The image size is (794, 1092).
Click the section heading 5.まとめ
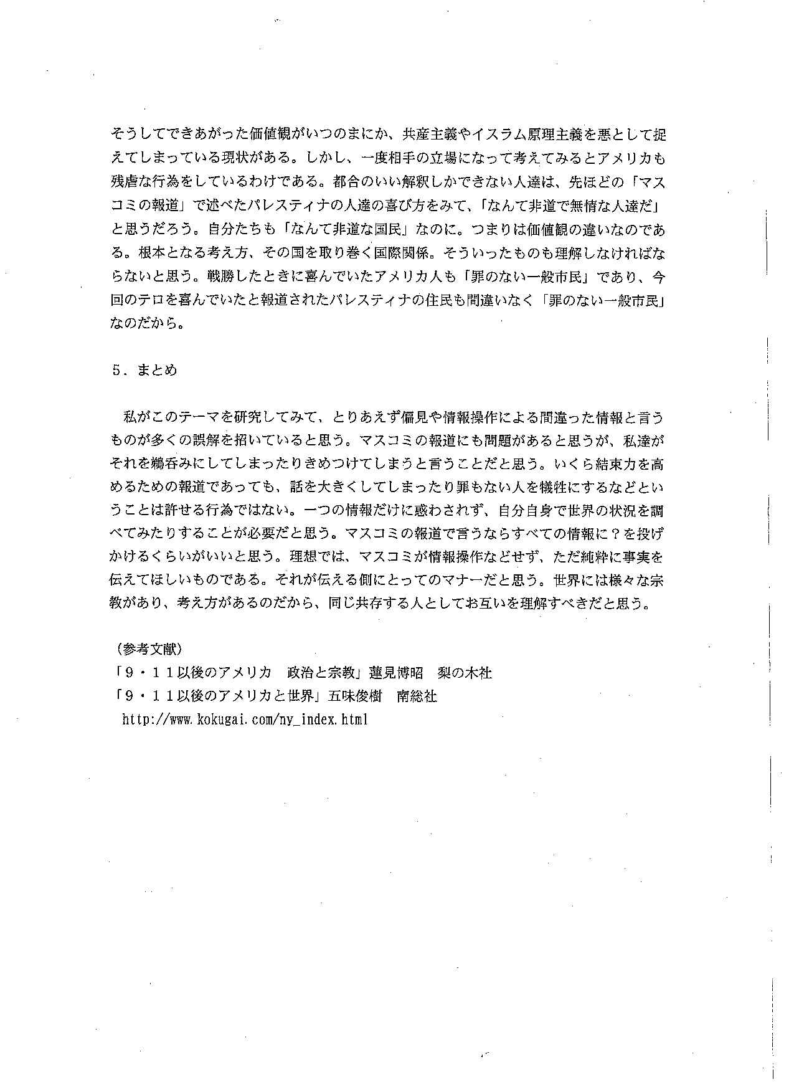tap(145, 370)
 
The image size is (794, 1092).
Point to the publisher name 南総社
tap(417, 696)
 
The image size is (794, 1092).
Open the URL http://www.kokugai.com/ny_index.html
tap(245, 720)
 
